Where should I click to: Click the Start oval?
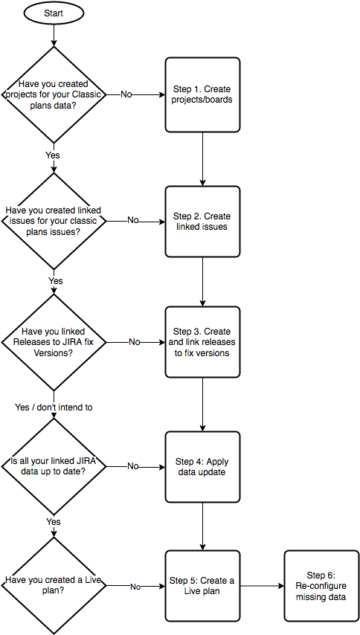(x=54, y=13)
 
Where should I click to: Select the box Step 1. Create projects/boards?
(x=202, y=94)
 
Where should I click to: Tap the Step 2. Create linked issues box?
(x=202, y=222)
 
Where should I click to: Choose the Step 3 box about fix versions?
(x=202, y=342)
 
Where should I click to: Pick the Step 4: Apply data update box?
(x=202, y=466)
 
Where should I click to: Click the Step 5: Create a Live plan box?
(x=202, y=586)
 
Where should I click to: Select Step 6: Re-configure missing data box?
(x=321, y=586)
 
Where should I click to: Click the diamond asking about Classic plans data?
(x=54, y=94)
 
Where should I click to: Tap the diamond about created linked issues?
(x=54, y=221)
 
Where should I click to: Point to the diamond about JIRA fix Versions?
(x=54, y=342)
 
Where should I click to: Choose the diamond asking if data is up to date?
(x=54, y=466)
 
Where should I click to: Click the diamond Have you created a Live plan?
(x=54, y=586)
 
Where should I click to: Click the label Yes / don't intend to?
(x=54, y=407)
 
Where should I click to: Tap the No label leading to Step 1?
(x=125, y=94)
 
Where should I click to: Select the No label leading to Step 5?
(x=135, y=586)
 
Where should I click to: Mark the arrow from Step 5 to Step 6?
(x=263, y=586)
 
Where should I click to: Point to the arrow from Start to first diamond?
(x=54, y=34)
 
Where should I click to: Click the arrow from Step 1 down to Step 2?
(x=202, y=159)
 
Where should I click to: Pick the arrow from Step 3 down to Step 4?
(x=202, y=404)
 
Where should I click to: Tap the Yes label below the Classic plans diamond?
(x=54, y=155)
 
